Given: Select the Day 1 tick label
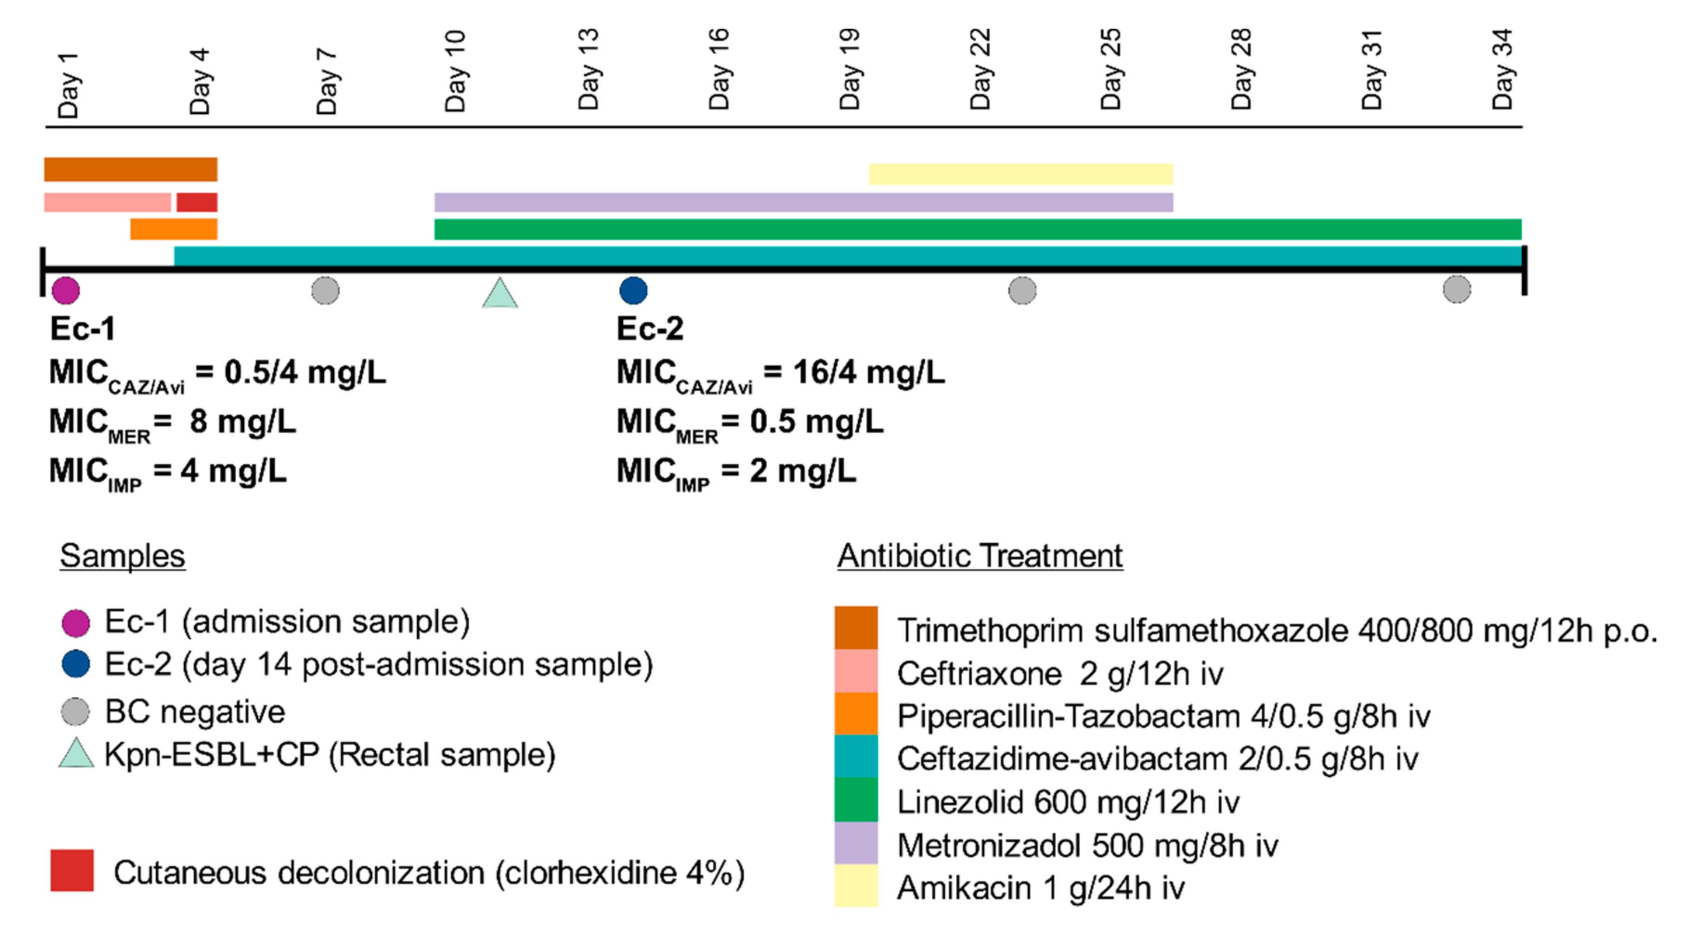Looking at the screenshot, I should (68, 85).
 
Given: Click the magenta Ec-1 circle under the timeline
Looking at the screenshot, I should (65, 290).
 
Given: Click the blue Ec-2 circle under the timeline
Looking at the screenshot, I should (633, 290).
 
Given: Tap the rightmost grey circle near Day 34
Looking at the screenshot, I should (1457, 289).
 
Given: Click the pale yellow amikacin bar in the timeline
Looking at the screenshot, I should (1020, 175).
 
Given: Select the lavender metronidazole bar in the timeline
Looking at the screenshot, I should (803, 202).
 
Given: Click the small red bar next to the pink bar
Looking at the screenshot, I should (196, 202).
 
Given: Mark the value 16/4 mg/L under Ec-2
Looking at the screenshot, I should (868, 372).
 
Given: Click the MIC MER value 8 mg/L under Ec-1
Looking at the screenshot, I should (242, 422).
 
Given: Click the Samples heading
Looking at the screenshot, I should (123, 556).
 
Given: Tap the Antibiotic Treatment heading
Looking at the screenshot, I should (980, 556).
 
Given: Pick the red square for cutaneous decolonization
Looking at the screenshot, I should (72, 870).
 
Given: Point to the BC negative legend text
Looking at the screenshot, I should (195, 712).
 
